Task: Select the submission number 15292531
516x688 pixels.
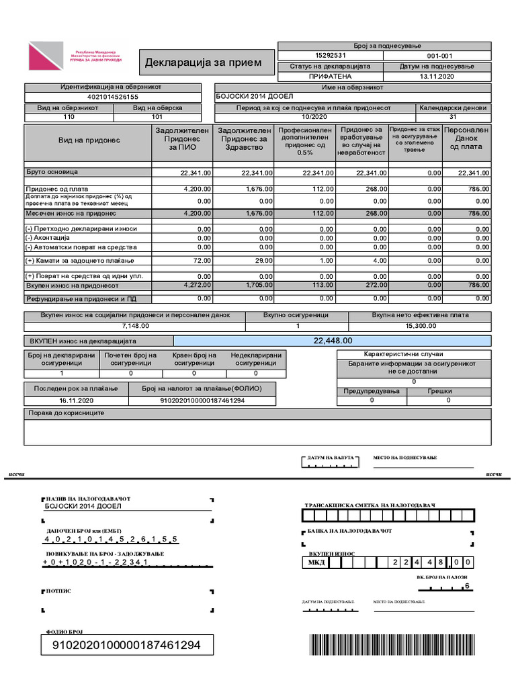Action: coord(330,56)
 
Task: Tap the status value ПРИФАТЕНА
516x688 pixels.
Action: coord(330,77)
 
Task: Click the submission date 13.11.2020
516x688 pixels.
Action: coord(437,77)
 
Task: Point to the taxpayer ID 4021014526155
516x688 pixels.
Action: coord(112,97)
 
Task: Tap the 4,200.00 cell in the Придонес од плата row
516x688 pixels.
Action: coord(196,189)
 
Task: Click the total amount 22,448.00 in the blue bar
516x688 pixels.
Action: coord(333,341)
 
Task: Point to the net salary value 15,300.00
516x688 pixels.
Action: coord(421,326)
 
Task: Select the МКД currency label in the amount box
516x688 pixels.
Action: coord(316,562)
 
